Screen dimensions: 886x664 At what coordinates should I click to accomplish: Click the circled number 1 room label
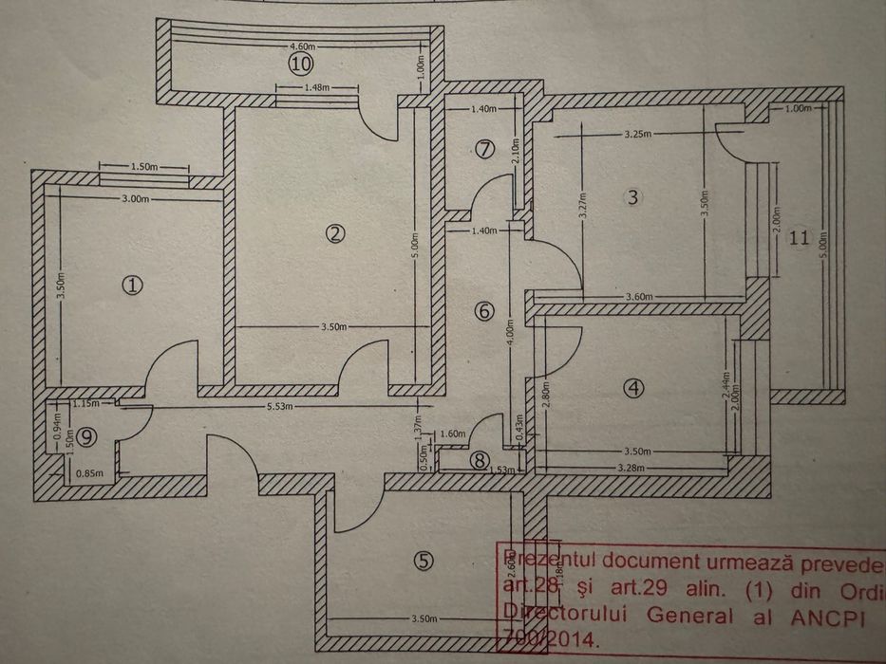pyautogui.click(x=134, y=284)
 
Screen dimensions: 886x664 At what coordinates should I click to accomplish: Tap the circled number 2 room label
pyautogui.click(x=332, y=234)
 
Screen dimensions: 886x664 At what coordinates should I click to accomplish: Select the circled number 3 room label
pyautogui.click(x=634, y=197)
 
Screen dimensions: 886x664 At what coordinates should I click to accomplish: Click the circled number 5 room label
pyautogui.click(x=424, y=561)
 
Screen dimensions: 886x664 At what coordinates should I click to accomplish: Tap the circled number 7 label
pyautogui.click(x=485, y=149)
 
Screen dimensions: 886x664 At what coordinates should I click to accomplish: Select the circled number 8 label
pyautogui.click(x=481, y=460)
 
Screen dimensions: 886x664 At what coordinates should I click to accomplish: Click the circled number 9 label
pyautogui.click(x=87, y=436)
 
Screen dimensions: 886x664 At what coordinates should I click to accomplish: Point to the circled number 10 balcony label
pyautogui.click(x=301, y=64)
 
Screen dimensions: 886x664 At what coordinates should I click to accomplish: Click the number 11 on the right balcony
pyautogui.click(x=800, y=237)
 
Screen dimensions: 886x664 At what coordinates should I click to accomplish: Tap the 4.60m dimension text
pyautogui.click(x=302, y=46)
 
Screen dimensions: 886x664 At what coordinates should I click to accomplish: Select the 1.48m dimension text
pyautogui.click(x=316, y=88)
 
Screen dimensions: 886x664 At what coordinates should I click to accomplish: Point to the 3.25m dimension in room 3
pyautogui.click(x=638, y=135)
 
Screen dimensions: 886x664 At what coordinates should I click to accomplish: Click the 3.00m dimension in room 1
pyautogui.click(x=136, y=199)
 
